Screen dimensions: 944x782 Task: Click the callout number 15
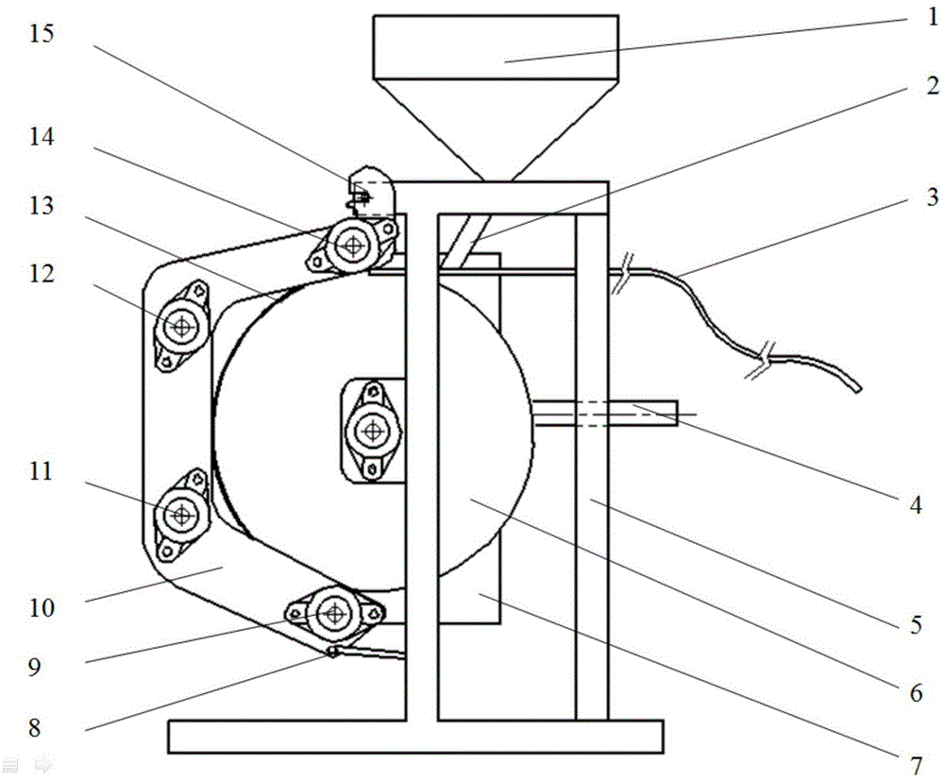[x=42, y=33]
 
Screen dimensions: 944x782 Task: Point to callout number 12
[x=42, y=274]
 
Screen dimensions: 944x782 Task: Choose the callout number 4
[x=916, y=504]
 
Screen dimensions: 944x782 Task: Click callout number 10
[x=42, y=608]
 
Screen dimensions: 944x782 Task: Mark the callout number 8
[x=34, y=727]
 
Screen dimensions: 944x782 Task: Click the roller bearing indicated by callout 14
[x=352, y=246]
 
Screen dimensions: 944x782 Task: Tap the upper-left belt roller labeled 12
[x=181, y=326]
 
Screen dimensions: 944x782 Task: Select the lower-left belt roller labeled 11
[x=181, y=515]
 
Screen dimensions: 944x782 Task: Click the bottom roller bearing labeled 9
[x=334, y=613]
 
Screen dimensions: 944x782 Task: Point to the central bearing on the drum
[x=373, y=430]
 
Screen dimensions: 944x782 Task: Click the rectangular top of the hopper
[x=496, y=47]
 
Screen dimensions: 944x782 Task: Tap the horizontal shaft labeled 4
[x=605, y=414]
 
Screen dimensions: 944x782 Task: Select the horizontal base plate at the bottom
[x=416, y=737]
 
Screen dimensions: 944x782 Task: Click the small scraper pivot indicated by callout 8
[x=331, y=652]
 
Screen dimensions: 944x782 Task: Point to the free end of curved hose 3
[x=858, y=389]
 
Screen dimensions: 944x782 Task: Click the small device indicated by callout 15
[x=370, y=192]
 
